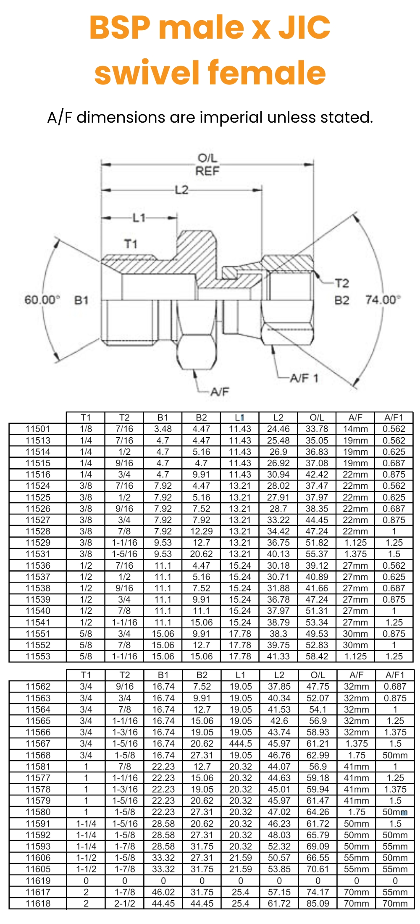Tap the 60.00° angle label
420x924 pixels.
tap(42, 300)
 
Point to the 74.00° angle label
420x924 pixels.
tap(383, 300)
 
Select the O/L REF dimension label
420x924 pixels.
tap(207, 165)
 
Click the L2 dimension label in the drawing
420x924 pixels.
tap(181, 190)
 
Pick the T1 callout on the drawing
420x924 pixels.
tap(131, 244)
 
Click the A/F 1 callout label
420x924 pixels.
tap(304, 378)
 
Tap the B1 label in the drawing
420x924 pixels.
tap(81, 300)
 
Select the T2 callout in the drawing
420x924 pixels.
tap(342, 283)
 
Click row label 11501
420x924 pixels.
tap(38, 429)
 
